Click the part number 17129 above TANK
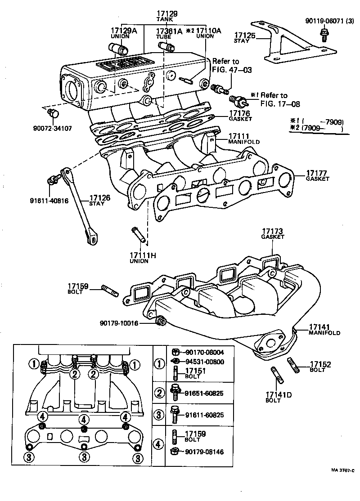167,14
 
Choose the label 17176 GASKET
241,116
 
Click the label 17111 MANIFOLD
243,138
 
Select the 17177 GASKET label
317,175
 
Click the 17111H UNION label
143,258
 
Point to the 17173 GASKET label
274,233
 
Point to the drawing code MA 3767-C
342,470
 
